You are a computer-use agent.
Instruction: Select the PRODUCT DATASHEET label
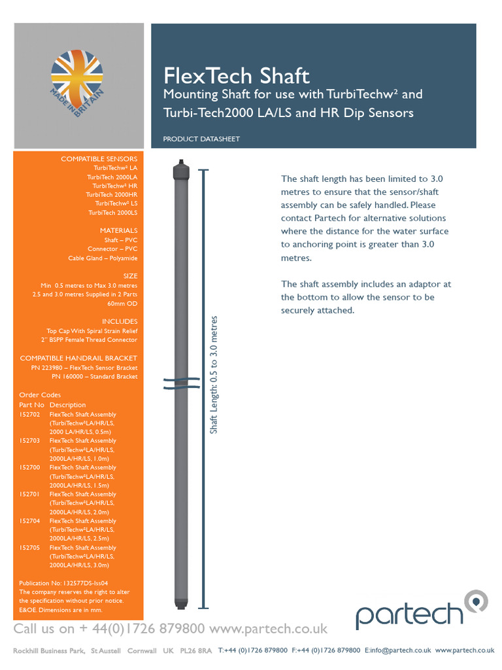201,139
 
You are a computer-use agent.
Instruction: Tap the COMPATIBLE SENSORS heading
99,159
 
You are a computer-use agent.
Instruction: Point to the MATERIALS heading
118,231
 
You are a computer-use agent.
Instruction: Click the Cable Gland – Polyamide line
103,258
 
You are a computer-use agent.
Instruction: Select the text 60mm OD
122,304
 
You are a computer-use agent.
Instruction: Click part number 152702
29,415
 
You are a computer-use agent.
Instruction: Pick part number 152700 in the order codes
29,468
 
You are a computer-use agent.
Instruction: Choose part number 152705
29,548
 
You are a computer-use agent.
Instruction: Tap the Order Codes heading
40,395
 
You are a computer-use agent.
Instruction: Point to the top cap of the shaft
180,170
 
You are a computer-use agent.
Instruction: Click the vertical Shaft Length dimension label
214,374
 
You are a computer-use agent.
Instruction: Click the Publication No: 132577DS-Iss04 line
63,582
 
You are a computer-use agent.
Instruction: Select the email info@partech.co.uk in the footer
397,650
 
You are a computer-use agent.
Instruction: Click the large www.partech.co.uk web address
269,629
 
